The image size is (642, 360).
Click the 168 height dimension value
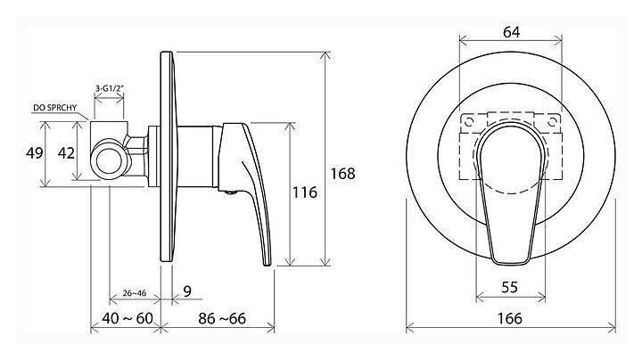(x=342, y=174)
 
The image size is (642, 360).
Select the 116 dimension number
(x=305, y=192)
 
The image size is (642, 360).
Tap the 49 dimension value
(x=35, y=153)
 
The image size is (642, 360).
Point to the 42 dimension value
(x=66, y=153)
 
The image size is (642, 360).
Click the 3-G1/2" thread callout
(x=110, y=88)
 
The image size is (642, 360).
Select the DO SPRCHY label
(x=55, y=108)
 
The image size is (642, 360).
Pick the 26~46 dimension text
(x=135, y=293)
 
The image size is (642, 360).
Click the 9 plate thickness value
(x=187, y=291)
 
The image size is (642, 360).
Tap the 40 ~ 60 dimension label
(x=128, y=318)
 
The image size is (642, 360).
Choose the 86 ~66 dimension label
(x=222, y=318)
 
